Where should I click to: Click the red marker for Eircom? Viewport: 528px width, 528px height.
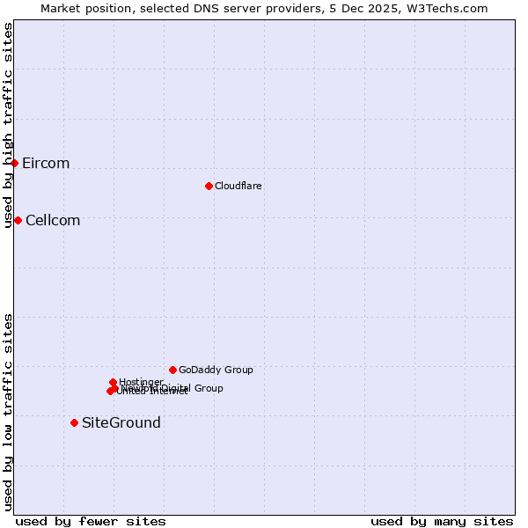click(x=14, y=163)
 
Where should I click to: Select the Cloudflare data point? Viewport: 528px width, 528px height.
click(x=209, y=186)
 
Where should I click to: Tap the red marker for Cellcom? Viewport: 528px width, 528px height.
click(x=18, y=220)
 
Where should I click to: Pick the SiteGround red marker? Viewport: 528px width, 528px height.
click(x=74, y=422)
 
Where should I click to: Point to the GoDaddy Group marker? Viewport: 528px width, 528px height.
click(x=172, y=370)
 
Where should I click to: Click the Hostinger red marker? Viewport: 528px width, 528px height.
click(x=113, y=382)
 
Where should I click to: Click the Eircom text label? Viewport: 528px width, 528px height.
click(x=46, y=164)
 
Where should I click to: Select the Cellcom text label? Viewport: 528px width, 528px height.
click(x=53, y=221)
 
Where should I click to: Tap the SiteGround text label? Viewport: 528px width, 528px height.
click(x=121, y=423)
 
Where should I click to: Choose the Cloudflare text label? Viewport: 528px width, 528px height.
click(x=238, y=187)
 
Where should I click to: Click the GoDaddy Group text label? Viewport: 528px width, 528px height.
click(x=216, y=370)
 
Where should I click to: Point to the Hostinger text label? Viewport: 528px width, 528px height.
click(x=142, y=382)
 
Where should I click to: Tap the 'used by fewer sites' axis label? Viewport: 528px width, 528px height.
click(x=91, y=522)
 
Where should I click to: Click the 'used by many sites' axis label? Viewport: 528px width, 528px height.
click(x=442, y=522)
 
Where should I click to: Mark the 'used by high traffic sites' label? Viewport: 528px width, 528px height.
click(x=9, y=125)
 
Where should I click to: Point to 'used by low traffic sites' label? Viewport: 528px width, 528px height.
click(x=9, y=412)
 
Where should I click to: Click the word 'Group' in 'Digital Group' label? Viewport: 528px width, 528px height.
click(x=208, y=388)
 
